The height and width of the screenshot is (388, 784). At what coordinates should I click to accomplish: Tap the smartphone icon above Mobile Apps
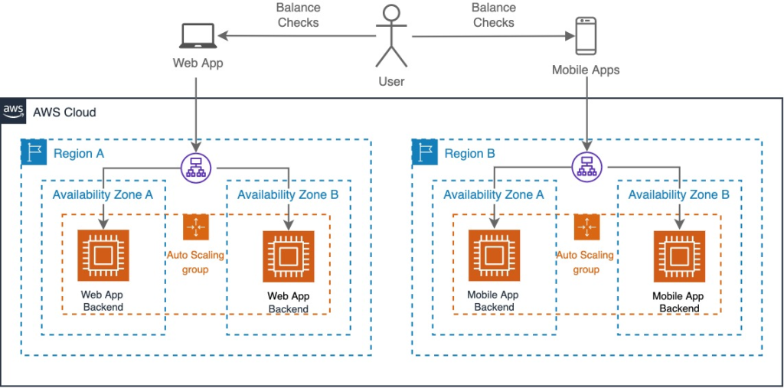point(586,35)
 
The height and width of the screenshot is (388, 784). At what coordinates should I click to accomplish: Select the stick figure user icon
point(392,35)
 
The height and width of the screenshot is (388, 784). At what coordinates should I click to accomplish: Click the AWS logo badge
point(13,111)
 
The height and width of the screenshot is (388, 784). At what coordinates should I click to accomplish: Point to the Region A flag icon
point(34,152)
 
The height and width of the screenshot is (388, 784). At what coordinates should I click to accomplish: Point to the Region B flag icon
point(424,152)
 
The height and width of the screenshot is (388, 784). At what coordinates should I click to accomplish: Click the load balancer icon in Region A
point(195,168)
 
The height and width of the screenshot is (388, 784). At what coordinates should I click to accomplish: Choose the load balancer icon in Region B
point(587,168)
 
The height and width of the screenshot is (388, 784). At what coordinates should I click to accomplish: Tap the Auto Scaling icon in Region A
point(195,227)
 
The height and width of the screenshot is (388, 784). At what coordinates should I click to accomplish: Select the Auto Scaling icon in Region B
point(586,227)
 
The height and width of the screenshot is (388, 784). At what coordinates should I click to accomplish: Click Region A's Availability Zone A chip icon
point(103,256)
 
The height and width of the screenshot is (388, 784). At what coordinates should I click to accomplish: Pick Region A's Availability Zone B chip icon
point(289,256)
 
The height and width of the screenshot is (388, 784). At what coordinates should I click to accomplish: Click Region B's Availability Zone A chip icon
point(494,256)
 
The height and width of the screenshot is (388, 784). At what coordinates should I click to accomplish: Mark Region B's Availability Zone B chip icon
point(680,256)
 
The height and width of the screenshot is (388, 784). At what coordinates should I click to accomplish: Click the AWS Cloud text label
point(64,112)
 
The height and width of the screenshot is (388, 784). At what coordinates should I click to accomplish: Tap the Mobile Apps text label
point(586,70)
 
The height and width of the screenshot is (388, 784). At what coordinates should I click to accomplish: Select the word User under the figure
point(391,80)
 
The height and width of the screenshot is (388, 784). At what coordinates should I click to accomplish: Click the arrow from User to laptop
point(296,36)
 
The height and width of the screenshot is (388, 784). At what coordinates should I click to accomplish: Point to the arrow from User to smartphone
point(493,36)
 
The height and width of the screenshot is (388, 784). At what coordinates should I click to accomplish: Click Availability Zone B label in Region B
point(678,194)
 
